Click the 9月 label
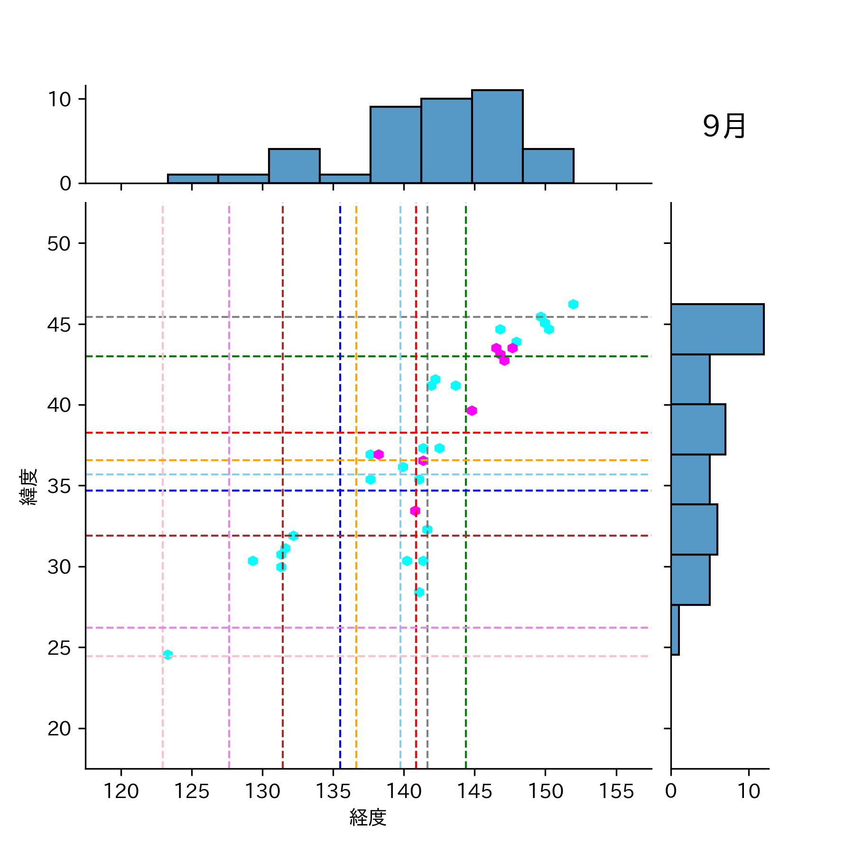(724, 127)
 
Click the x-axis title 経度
(368, 817)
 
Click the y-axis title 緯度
(28, 486)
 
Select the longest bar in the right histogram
(717, 329)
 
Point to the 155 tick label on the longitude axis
(616, 791)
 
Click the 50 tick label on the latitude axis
(59, 244)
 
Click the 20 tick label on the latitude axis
(59, 728)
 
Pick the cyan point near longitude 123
(167, 655)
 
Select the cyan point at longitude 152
(573, 304)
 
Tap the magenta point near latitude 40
(471, 410)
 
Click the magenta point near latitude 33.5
(415, 511)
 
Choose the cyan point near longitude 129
(253, 561)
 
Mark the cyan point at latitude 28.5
(419, 592)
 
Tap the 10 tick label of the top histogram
(59, 99)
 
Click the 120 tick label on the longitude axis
(121, 791)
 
